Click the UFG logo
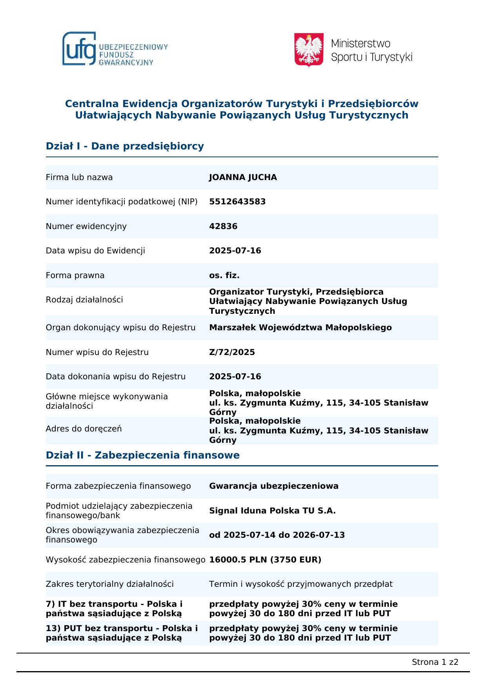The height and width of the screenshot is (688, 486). point(115,49)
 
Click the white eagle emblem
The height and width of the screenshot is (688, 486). point(309,49)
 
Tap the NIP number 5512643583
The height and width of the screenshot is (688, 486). point(237,202)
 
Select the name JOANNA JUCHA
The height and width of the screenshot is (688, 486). point(243,177)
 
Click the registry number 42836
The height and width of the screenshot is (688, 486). point(223,226)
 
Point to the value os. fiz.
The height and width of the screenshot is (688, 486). point(224,275)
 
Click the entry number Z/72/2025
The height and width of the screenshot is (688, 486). point(232,352)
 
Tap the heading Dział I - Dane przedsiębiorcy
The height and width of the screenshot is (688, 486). point(125,146)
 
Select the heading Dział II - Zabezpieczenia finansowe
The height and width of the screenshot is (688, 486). point(142,455)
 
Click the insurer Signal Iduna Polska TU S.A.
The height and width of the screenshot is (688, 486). point(272,511)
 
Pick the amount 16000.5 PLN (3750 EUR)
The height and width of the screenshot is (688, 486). point(265,560)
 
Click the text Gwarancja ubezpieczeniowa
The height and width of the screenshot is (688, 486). point(273,486)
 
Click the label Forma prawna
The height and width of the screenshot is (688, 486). point(75,275)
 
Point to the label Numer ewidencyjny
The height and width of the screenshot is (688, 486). point(86,226)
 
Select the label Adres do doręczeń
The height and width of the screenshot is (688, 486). point(84,429)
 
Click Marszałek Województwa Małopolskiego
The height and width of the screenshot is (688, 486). point(300,328)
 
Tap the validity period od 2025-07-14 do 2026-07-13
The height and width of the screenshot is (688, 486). point(277,535)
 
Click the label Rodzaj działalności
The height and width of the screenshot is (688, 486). point(84,300)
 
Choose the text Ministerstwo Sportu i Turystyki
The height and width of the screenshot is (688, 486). point(371,50)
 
